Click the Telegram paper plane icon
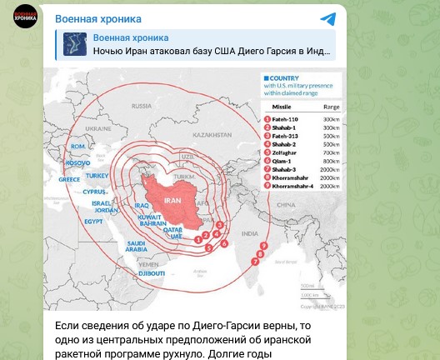click(x=327, y=19)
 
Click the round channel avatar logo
click(x=25, y=17)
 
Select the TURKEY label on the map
click(x=97, y=176)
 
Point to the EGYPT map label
click(x=93, y=222)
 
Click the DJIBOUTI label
click(x=152, y=272)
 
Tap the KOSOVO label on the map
click(x=77, y=162)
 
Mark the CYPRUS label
click(x=95, y=191)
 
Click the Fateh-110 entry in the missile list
click(x=285, y=120)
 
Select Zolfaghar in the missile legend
click(x=284, y=153)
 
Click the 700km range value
click(x=331, y=153)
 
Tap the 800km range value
click(x=331, y=162)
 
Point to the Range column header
click(x=331, y=107)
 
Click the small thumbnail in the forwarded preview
click(x=75, y=44)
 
